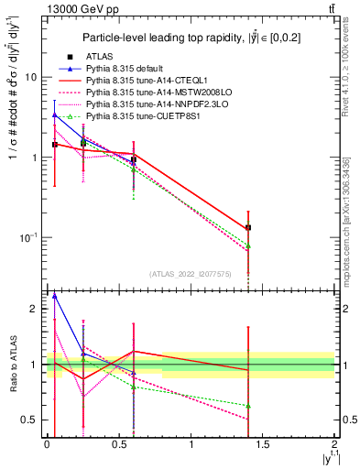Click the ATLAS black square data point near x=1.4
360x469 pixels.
point(248,227)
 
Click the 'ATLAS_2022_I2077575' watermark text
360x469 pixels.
point(190,274)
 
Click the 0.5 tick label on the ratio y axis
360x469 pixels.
point(29,420)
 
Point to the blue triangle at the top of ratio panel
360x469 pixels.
point(55,296)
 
